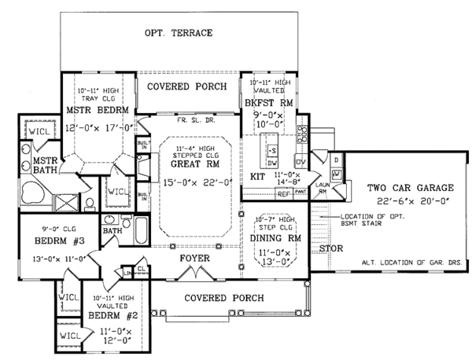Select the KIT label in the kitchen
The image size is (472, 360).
click(256, 176)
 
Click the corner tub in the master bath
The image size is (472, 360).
click(35, 193)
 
